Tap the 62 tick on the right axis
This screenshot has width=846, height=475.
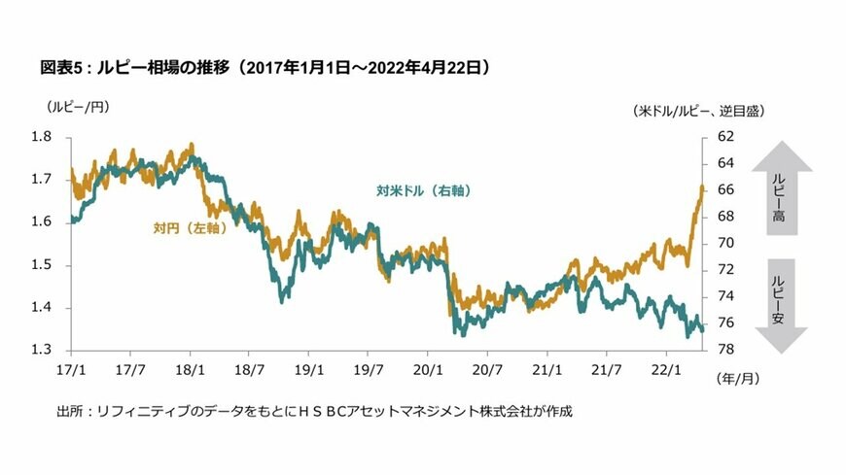pyautogui.click(x=725, y=137)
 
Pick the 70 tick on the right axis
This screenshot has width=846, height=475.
pyautogui.click(x=725, y=243)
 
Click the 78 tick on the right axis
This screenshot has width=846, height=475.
pyautogui.click(x=725, y=350)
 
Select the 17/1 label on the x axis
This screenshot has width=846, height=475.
pyautogui.click(x=71, y=369)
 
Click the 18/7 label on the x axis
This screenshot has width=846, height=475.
pyautogui.click(x=250, y=369)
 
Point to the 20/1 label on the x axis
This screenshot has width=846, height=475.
pyautogui.click(x=428, y=369)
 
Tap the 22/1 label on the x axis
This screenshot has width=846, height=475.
pyautogui.click(x=666, y=369)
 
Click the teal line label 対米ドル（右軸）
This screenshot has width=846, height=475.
pyautogui.click(x=424, y=191)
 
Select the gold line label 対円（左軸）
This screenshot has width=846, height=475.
pyautogui.click(x=190, y=228)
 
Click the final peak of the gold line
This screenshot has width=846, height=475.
pyautogui.click(x=701, y=187)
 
